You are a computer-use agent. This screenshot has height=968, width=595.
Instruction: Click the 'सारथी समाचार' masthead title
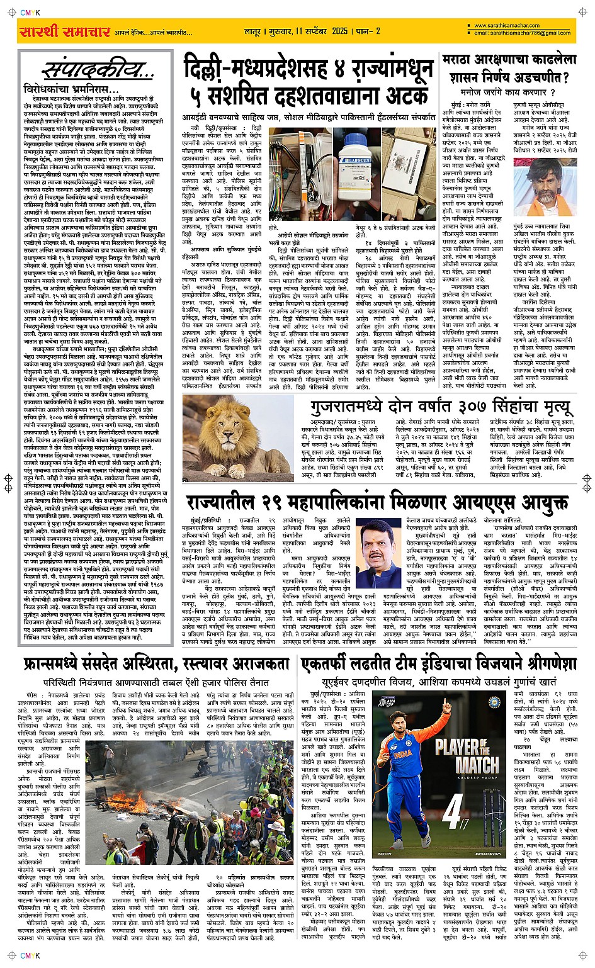click(65, 31)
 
